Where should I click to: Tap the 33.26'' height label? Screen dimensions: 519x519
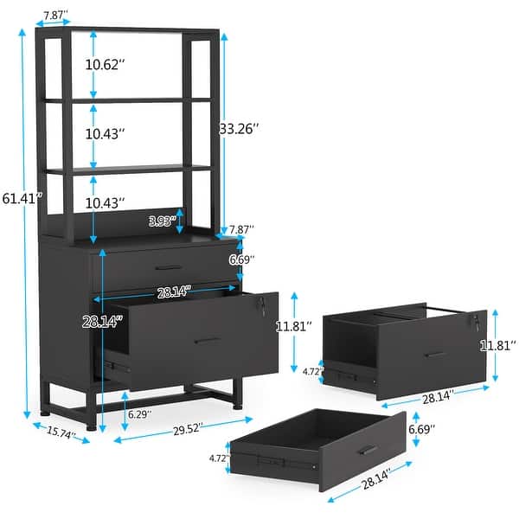pos(241,130)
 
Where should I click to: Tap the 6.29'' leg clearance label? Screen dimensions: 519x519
pos(139,413)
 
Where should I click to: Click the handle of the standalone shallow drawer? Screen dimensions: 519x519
pos(368,450)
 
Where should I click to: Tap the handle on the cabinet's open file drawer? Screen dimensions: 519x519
pos(208,340)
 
